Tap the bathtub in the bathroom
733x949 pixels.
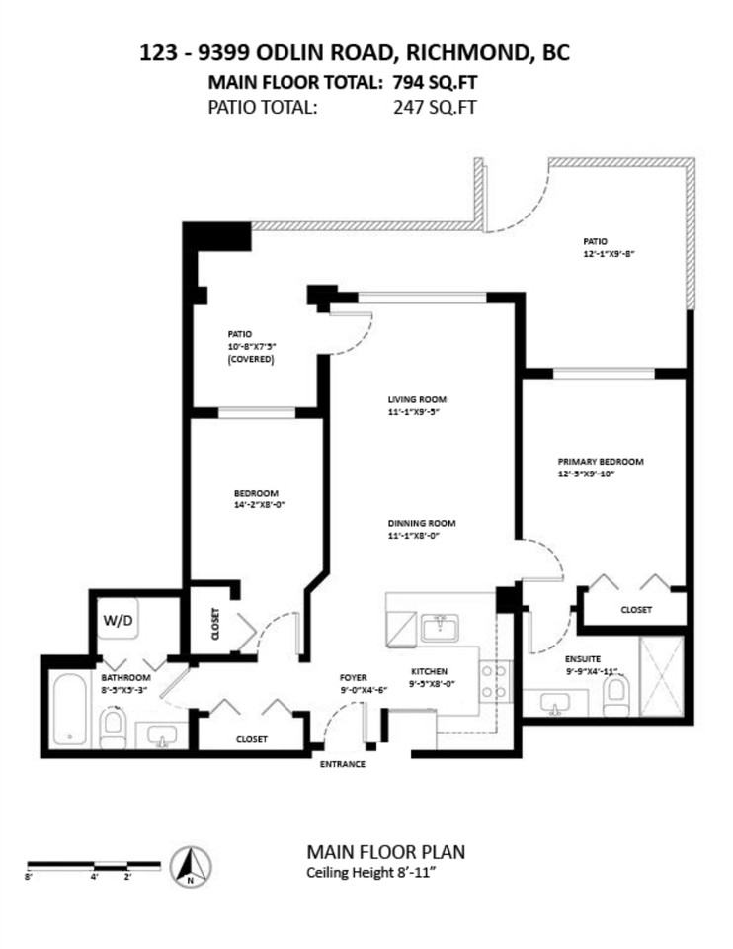(69, 708)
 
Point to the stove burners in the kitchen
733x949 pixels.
(495, 679)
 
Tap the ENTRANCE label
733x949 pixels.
(342, 764)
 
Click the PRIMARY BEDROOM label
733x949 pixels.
(601, 462)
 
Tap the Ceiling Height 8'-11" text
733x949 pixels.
(372, 872)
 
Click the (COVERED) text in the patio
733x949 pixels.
(251, 360)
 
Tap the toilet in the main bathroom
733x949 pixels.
(112, 728)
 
